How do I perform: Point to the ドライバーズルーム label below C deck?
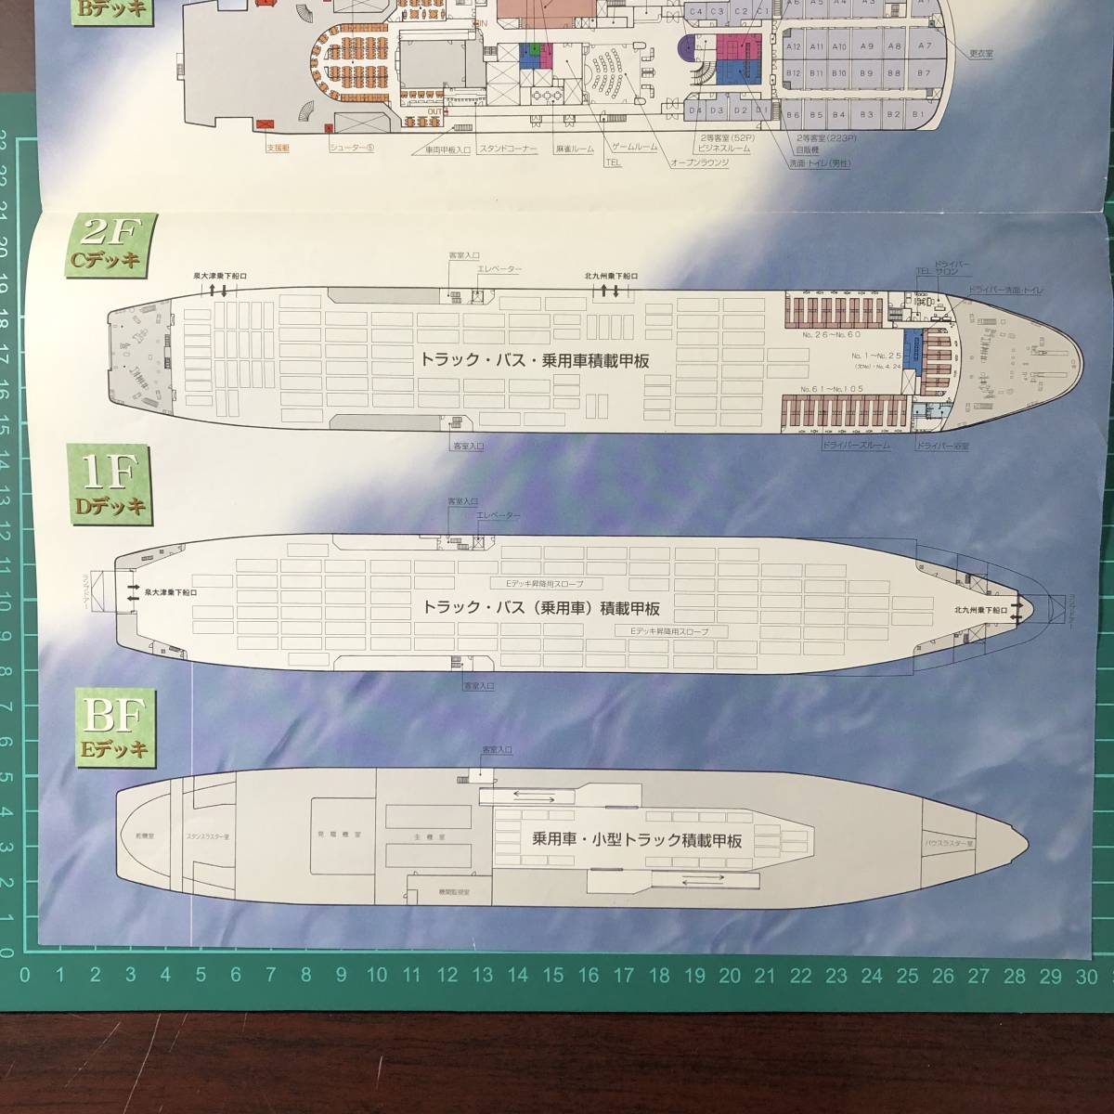(x=856, y=446)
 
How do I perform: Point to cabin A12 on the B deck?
(x=793, y=45)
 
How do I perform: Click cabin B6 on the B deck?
(x=792, y=115)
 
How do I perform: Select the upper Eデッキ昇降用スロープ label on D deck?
(x=540, y=583)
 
